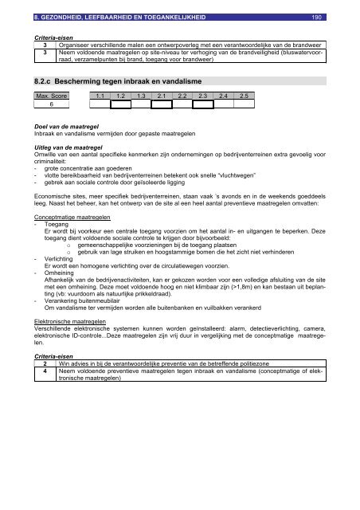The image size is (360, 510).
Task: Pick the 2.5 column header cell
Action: pos(245,96)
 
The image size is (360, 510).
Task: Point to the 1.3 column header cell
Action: pos(141,96)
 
